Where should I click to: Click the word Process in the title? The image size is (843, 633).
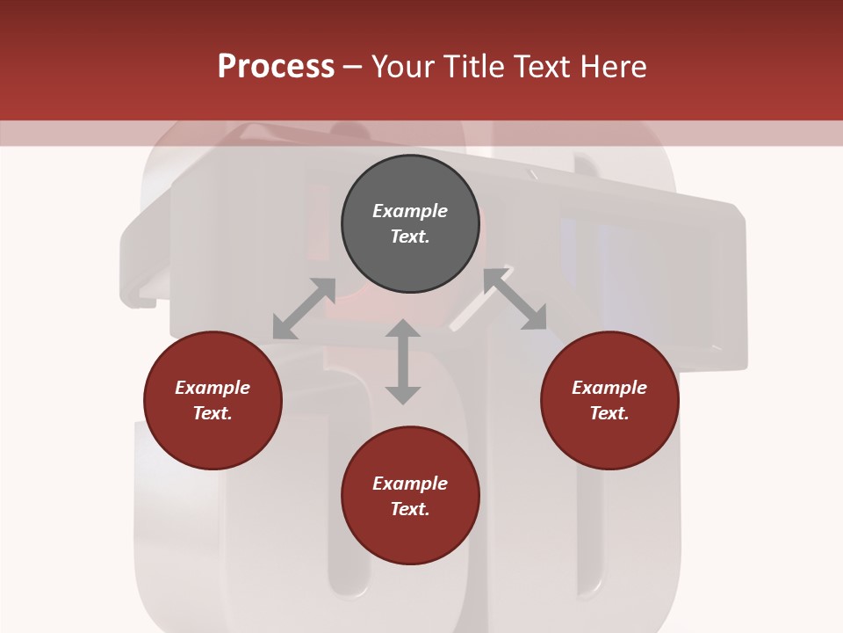point(276,67)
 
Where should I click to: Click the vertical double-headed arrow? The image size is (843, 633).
point(403,361)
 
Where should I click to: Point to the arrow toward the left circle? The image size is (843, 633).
point(304,309)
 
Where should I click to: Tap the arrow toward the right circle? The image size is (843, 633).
point(515,300)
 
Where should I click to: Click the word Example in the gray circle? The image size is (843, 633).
point(410,211)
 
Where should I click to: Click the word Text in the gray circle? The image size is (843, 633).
point(409,236)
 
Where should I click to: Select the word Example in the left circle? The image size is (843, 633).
point(213,388)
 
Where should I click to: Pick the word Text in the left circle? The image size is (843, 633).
point(212,413)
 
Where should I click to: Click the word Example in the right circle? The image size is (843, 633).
point(609,388)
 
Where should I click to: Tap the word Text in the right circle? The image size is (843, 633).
point(609,413)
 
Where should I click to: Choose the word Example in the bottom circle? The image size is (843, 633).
point(410,484)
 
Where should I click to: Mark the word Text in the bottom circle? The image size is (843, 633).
point(409,509)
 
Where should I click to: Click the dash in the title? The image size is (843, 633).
point(353,68)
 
